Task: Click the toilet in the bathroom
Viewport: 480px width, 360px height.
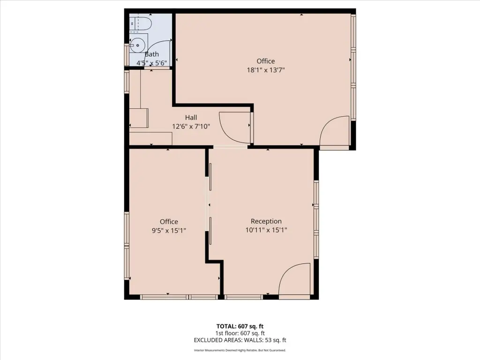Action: pos(140,23)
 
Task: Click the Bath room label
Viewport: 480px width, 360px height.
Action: pos(152,54)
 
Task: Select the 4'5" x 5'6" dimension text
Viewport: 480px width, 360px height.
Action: pos(151,63)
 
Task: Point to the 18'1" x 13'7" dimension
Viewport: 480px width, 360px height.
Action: pos(266,70)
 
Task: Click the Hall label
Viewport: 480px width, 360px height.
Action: pos(191,117)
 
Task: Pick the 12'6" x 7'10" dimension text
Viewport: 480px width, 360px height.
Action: pos(191,126)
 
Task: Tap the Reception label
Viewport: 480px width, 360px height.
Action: pos(266,221)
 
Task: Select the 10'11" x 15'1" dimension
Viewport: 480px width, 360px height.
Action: pos(266,230)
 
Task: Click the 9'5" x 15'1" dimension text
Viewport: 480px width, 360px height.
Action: pos(169,230)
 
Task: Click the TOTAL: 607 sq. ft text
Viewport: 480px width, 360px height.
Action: pos(240,326)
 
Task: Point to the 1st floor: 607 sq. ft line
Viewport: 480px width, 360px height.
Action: pos(240,333)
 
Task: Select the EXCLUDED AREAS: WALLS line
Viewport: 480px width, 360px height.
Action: pos(240,340)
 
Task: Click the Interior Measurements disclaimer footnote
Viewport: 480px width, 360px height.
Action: pos(240,350)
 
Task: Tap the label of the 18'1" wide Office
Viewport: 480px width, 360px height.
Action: pos(266,61)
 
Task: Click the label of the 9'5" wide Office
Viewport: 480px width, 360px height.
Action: pos(169,221)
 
